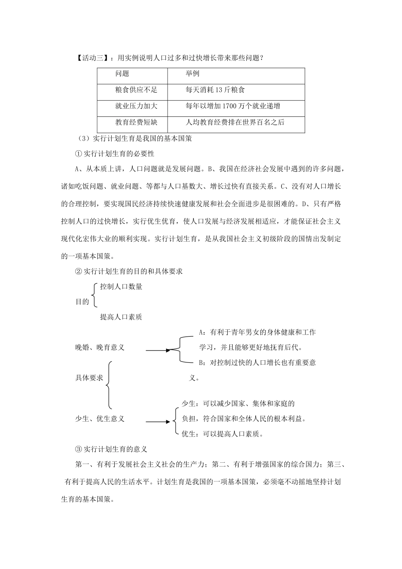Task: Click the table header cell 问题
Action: [x=122, y=74]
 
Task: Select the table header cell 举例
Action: [x=192, y=74]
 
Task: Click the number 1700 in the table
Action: [x=230, y=106]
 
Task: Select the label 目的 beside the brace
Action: [x=82, y=302]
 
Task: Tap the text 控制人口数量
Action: [x=121, y=287]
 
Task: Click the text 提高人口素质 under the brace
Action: [x=121, y=317]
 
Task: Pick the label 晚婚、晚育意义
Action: [x=100, y=348]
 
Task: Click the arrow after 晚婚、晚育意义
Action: [x=158, y=350]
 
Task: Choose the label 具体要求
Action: [x=89, y=378]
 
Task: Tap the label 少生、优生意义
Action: [x=100, y=419]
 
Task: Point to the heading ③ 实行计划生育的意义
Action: [x=110, y=449]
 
